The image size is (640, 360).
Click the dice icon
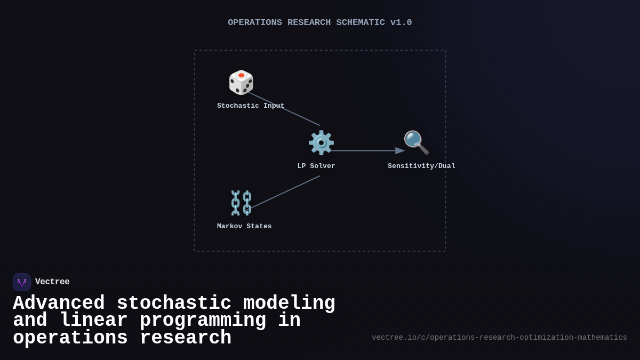[x=241, y=83]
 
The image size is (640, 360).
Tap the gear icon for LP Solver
[x=321, y=143]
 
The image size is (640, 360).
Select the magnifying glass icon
[x=416, y=142]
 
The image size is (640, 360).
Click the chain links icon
[x=241, y=203]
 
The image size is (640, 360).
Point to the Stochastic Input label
[x=251, y=106]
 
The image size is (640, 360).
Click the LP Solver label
[x=316, y=166]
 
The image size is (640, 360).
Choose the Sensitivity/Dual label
[x=421, y=166]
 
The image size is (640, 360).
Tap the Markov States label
[x=244, y=227]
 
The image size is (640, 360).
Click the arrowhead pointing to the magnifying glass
[x=400, y=151]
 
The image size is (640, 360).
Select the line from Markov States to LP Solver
[x=285, y=192]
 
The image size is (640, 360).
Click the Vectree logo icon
[x=22, y=282]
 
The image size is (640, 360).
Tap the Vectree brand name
[x=52, y=282]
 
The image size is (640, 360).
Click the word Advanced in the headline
[x=59, y=303]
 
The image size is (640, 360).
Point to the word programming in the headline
[x=203, y=321]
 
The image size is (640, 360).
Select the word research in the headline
[x=186, y=338]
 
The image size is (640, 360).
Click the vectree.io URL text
[x=499, y=338]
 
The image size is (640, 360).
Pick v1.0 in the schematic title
[x=401, y=23]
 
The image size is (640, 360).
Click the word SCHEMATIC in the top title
[x=360, y=23]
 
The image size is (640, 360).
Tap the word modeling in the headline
[x=289, y=303]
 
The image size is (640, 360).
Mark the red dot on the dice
[x=242, y=75]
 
